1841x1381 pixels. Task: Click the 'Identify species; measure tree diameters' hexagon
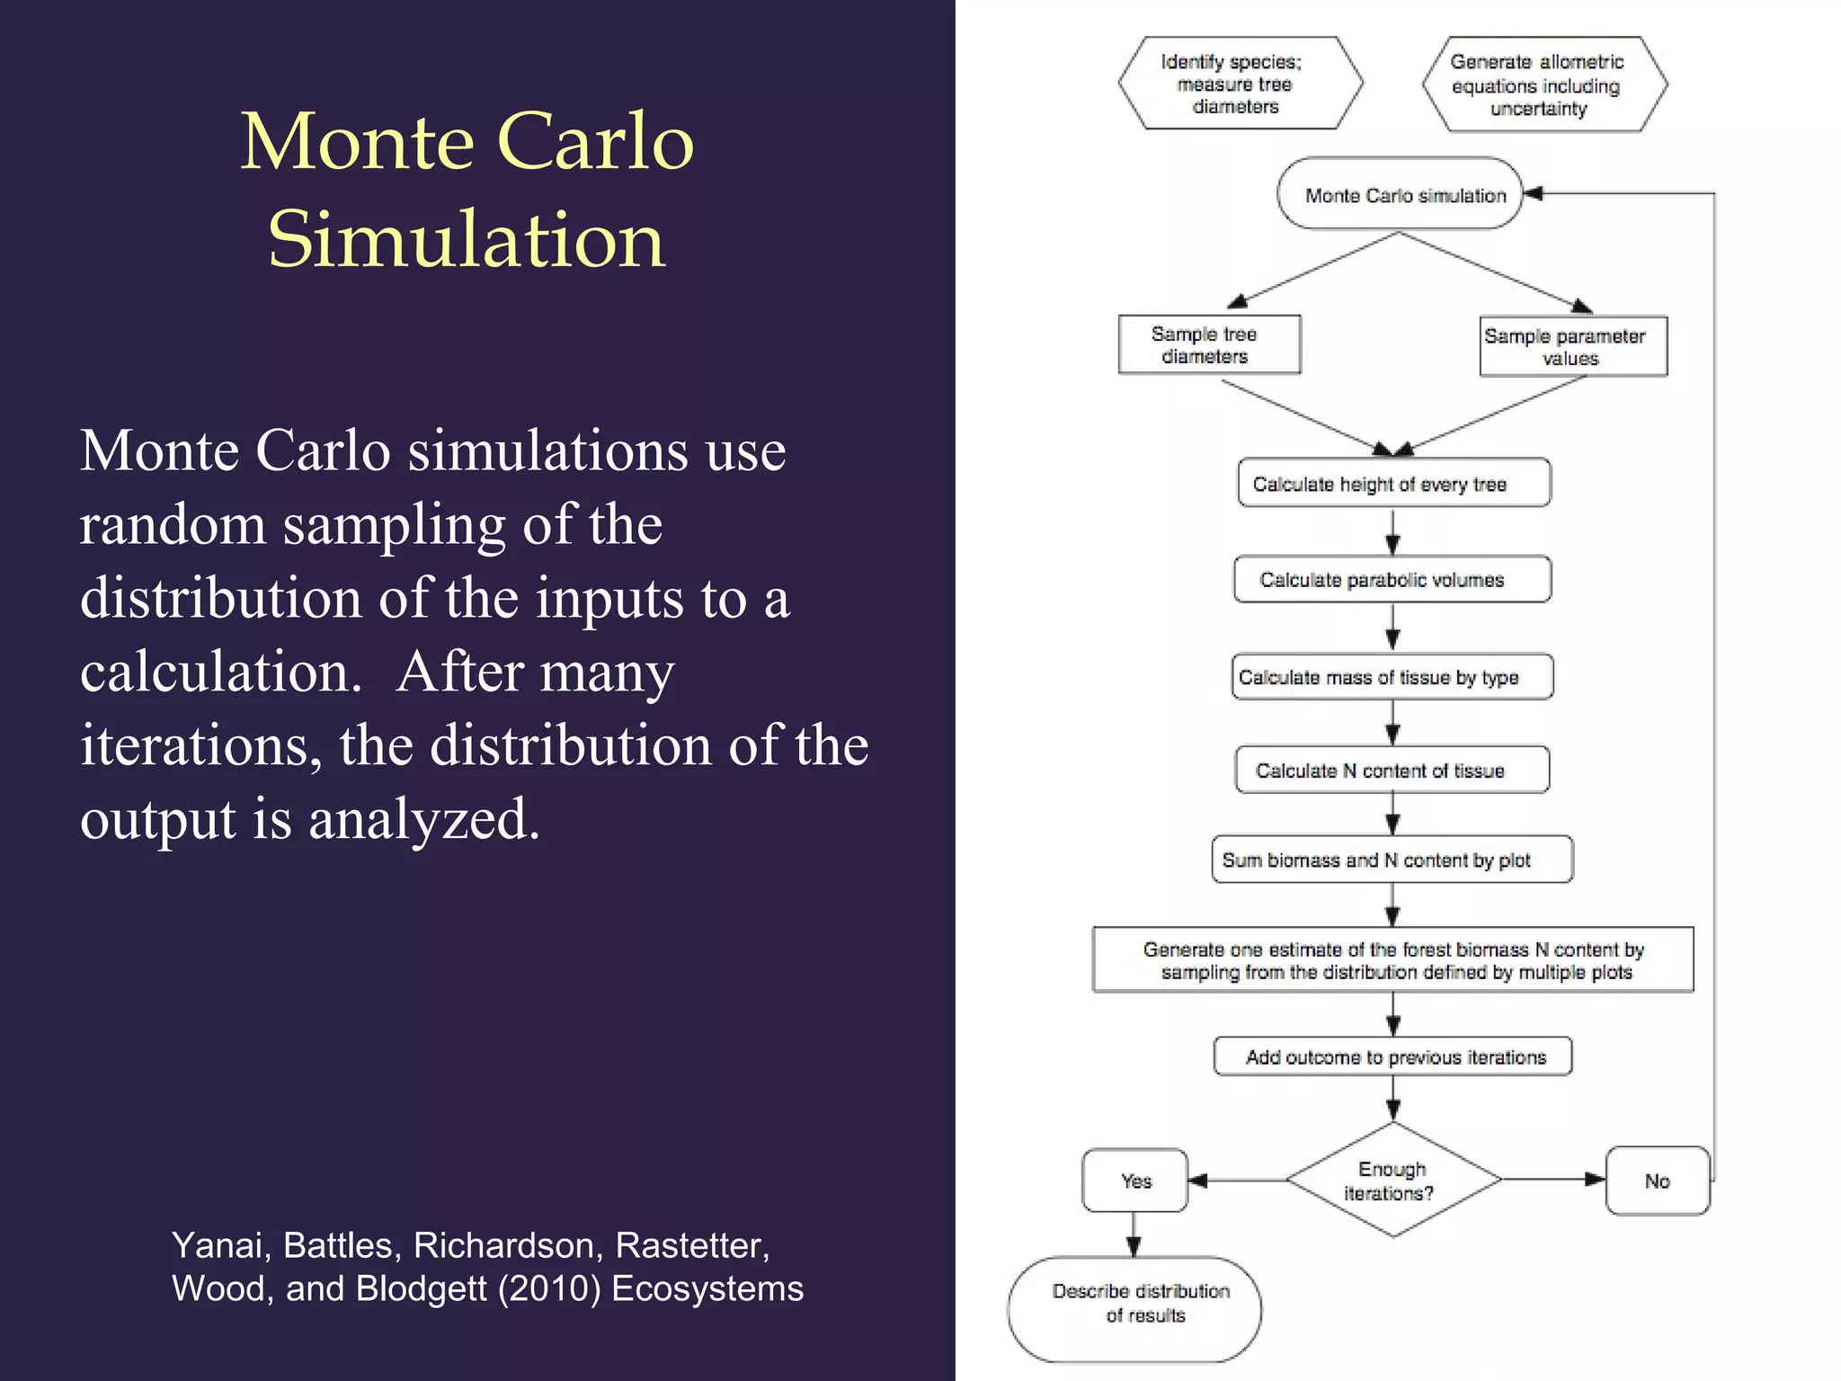click(x=1241, y=84)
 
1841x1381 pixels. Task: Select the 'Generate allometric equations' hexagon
click(x=1544, y=85)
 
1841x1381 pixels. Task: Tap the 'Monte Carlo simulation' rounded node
click(x=1400, y=194)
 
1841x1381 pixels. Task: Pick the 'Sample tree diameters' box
click(x=1209, y=344)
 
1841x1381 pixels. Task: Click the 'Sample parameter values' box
click(x=1573, y=346)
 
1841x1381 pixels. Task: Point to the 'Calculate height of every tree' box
click(x=1393, y=484)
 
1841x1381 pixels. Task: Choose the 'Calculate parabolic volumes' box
click(x=1392, y=580)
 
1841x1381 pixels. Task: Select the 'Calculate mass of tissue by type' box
click(x=1392, y=677)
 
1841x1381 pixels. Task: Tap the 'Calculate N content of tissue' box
click(x=1392, y=771)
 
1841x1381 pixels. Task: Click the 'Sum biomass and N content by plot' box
click(x=1392, y=860)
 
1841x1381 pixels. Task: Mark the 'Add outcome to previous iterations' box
click(x=1392, y=1056)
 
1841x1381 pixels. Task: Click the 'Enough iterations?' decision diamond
click(x=1393, y=1181)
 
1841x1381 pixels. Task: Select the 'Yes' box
click(x=1135, y=1181)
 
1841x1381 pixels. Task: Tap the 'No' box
click(x=1657, y=1181)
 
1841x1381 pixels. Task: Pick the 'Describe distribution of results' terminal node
click(x=1134, y=1309)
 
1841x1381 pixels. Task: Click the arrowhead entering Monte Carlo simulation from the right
click(x=1534, y=193)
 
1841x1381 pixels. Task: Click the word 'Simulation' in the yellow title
click(x=467, y=239)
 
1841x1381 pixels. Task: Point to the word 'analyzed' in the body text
click(x=423, y=819)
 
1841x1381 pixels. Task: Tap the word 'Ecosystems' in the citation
click(x=707, y=1288)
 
